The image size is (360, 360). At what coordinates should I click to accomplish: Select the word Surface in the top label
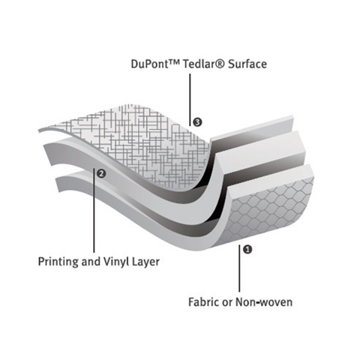coord(247,64)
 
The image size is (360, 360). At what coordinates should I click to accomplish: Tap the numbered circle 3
coord(197,122)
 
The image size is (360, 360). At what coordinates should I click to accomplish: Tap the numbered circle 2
coord(101,173)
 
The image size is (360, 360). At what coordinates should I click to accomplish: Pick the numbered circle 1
coord(247,250)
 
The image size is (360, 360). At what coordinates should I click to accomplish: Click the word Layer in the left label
coord(145,262)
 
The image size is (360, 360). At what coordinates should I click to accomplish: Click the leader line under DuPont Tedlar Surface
coord(190,99)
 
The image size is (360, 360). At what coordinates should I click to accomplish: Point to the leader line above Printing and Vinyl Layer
coord(94,211)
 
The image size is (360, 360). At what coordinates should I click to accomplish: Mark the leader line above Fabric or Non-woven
coord(239,268)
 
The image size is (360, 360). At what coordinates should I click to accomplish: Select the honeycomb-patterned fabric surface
coord(270,212)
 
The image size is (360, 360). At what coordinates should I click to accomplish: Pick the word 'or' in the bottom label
coord(227,302)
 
